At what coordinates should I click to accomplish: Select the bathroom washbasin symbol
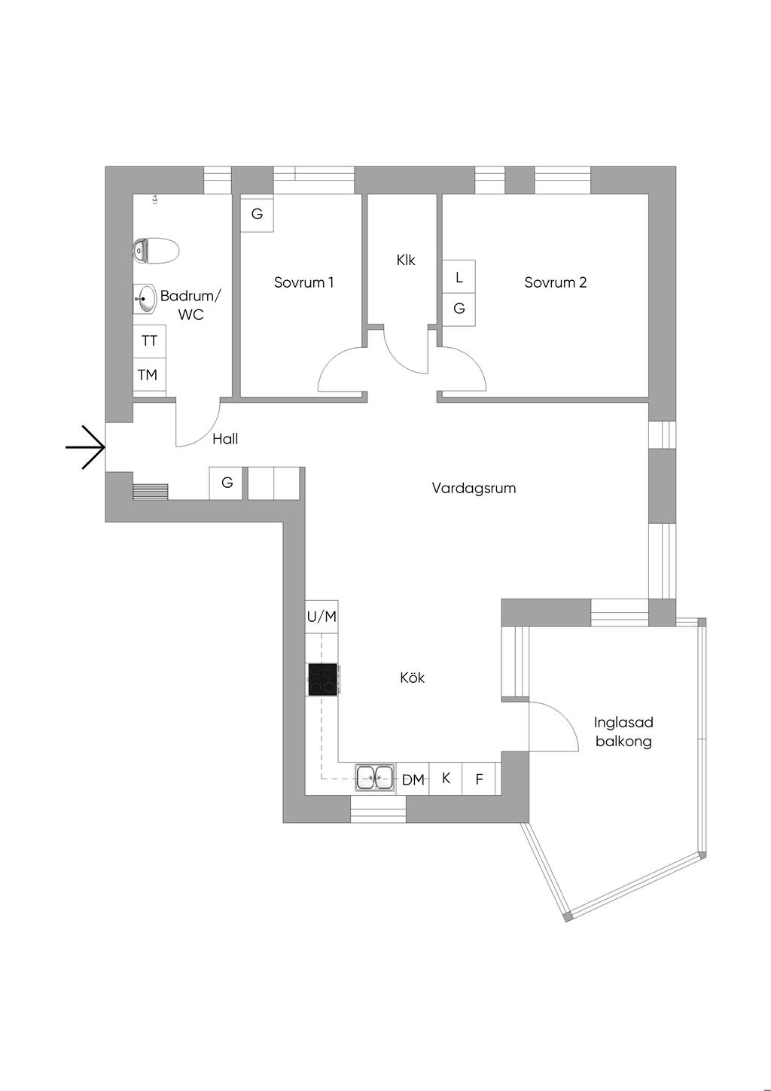[x=145, y=298]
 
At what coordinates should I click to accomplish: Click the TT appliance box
[x=149, y=341]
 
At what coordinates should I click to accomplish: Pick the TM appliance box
[x=148, y=374]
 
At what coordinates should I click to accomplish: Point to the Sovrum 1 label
[x=303, y=282]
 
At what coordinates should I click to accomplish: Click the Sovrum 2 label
[x=556, y=282]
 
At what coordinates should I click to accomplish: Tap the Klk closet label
[x=406, y=260]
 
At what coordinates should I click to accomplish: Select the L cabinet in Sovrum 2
[x=459, y=277]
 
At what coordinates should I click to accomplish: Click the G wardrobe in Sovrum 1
[x=257, y=214]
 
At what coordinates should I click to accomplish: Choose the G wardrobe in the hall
[x=227, y=483]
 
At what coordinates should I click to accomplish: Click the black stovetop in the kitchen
[x=322, y=680]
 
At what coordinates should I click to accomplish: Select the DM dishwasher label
[x=413, y=780]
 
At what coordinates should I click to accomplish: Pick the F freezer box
[x=479, y=779]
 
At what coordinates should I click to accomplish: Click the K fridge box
[x=446, y=779]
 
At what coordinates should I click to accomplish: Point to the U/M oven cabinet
[x=322, y=617]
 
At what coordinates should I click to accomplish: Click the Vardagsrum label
[x=474, y=488]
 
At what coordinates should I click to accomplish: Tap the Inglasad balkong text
[x=623, y=732]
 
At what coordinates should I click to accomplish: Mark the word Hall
[x=225, y=439]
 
